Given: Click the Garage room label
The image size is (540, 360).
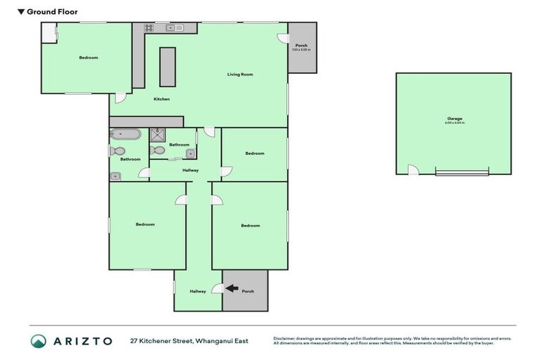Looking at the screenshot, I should click(454, 118).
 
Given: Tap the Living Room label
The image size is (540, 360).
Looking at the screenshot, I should click(240, 74).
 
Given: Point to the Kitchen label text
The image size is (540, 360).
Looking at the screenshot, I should click(162, 99).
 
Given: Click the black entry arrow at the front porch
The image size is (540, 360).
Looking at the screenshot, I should click(231, 288).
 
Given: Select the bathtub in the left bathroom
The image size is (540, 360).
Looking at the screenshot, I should click(125, 134).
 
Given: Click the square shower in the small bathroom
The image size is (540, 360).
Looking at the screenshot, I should click(158, 135).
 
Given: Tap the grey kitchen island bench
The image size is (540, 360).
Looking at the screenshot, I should click(167, 67).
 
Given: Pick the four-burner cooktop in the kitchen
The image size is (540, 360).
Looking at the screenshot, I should click(149, 28).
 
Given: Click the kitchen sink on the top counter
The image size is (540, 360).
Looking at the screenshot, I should click(172, 28).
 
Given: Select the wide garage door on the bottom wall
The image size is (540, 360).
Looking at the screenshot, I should click(461, 172).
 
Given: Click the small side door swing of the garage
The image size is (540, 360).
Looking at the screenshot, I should click(413, 169).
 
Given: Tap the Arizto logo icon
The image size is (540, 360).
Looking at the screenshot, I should click(39, 341).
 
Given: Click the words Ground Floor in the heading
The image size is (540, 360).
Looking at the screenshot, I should click(53, 12).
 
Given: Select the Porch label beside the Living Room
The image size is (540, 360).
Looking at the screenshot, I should click(301, 45).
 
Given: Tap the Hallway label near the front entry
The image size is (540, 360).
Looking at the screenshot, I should click(198, 291).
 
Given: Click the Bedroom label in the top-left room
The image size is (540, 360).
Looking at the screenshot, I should click(89, 58).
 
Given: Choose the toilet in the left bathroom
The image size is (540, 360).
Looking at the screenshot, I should click(118, 150).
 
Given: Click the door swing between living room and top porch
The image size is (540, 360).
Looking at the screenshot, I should click(283, 38).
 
